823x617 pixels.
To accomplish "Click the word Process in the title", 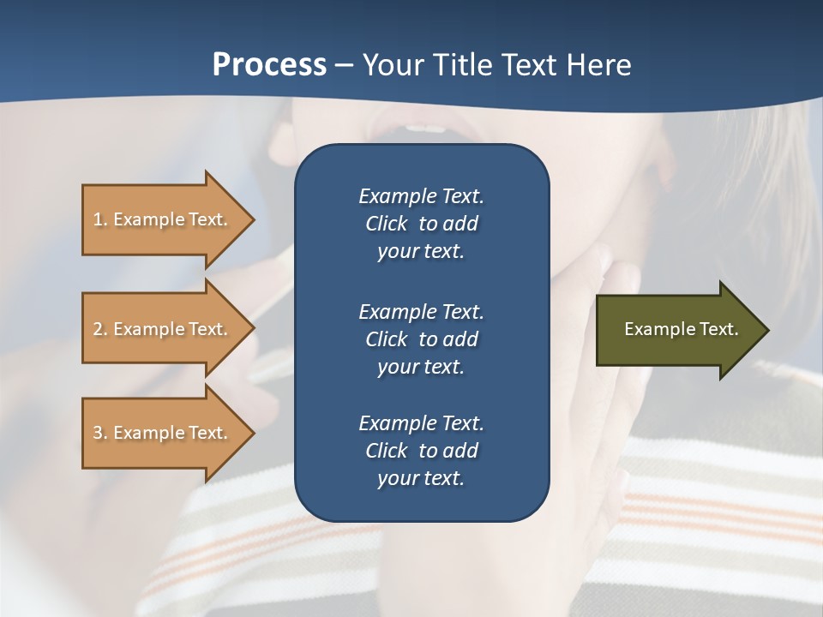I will (269, 65).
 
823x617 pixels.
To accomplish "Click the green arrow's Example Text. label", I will (681, 329).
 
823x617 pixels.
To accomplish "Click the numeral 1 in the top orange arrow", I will (98, 219).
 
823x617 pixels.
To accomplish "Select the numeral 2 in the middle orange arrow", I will (98, 329).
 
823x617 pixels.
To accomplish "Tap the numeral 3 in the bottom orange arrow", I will (98, 433).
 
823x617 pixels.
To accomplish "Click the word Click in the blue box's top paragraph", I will (386, 224).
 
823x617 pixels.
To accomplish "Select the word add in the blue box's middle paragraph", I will (461, 339).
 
